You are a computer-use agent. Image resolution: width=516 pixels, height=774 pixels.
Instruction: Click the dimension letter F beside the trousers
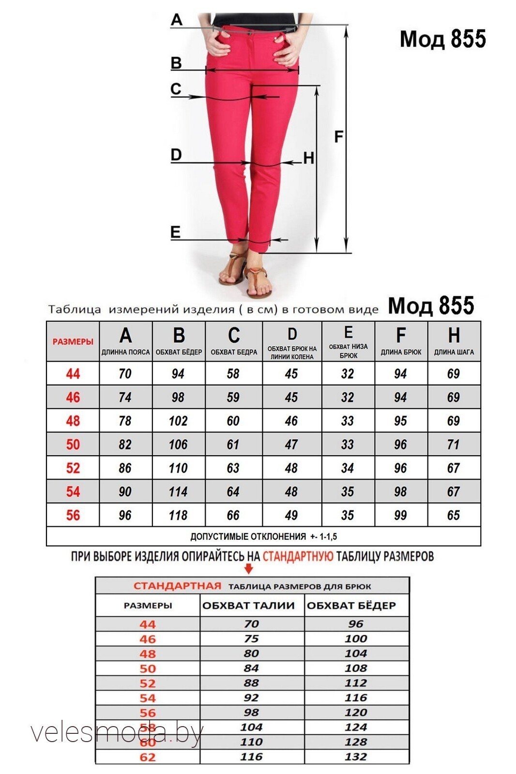click(x=339, y=136)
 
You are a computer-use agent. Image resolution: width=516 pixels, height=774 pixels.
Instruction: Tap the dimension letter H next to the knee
click(x=308, y=158)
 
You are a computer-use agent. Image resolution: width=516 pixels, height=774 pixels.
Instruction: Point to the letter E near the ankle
click(x=175, y=232)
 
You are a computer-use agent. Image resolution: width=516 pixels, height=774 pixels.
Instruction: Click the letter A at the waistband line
click(x=177, y=20)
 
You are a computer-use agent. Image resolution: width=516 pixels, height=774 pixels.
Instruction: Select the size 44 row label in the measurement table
click(x=73, y=373)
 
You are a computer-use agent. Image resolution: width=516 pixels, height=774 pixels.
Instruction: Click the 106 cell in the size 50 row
click(x=178, y=444)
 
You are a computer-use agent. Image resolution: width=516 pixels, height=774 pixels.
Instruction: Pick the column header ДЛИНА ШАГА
click(x=454, y=352)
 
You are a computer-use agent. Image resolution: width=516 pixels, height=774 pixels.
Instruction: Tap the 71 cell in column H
click(x=453, y=444)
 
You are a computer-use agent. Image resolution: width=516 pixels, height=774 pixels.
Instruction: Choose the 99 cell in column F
click(x=400, y=515)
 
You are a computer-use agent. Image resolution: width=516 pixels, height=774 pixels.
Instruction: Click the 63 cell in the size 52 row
click(x=233, y=468)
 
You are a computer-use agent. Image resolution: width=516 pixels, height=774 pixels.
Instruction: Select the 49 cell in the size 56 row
click(x=291, y=515)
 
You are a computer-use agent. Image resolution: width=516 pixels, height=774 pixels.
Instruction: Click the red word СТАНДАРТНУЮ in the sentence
click(x=298, y=556)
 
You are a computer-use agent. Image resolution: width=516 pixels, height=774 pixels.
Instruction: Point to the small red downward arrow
click(x=249, y=568)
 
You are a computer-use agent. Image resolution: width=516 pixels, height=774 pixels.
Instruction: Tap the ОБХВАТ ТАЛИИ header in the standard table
click(x=248, y=605)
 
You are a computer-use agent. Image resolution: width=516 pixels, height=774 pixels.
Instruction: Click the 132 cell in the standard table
click(x=356, y=757)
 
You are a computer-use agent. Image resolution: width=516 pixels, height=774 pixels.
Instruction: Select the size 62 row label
click(x=148, y=757)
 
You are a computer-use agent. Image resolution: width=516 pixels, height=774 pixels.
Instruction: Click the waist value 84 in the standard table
click(x=251, y=668)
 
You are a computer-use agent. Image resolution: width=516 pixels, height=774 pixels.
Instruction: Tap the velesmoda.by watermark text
click(x=116, y=733)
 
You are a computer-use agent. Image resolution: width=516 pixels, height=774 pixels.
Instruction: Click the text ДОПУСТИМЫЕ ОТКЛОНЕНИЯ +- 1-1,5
click(x=263, y=536)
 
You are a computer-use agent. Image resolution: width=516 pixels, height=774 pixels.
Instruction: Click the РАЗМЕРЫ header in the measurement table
click(x=73, y=342)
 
